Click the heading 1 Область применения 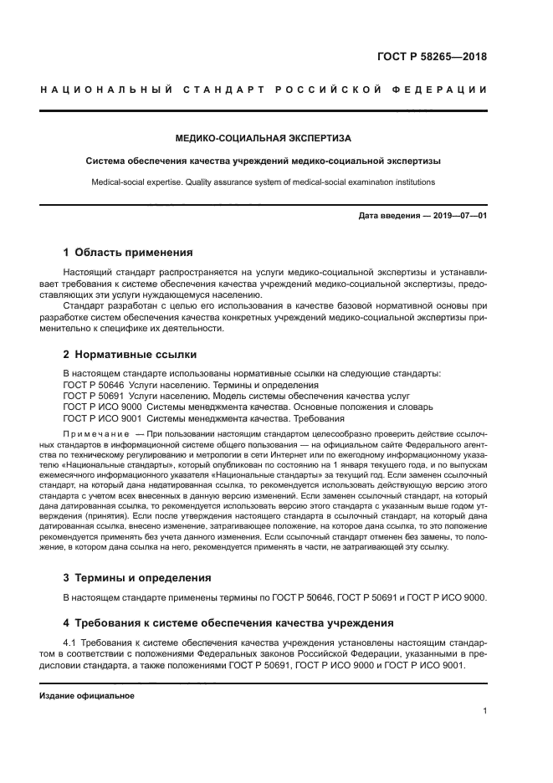(x=128, y=252)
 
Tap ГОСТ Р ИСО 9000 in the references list (x=103, y=407)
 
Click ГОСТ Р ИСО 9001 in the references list (x=103, y=418)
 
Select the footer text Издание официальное (x=87, y=695)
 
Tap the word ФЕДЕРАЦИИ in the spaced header (x=436, y=90)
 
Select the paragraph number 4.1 (x=71, y=642)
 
